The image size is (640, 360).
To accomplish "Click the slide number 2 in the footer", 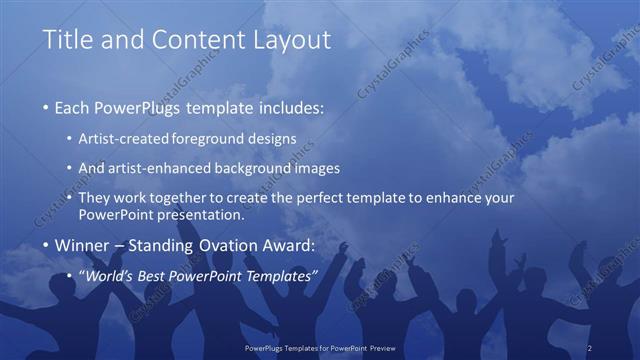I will pyautogui.click(x=590, y=346).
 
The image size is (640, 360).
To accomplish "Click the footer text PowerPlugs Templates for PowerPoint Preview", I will pyautogui.click(x=320, y=346).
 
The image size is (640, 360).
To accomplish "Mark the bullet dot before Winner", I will pyautogui.click(x=46, y=246).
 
